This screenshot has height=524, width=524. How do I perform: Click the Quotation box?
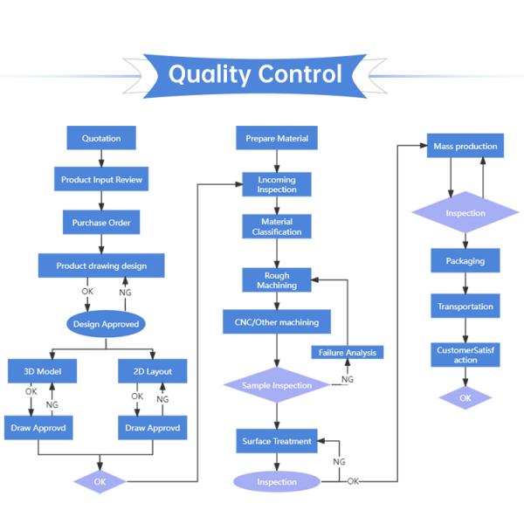coord(101,138)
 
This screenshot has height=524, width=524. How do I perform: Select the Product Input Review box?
coord(101,180)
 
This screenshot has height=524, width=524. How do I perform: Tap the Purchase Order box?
coord(101,223)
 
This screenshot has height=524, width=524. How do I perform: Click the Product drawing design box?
coord(101,265)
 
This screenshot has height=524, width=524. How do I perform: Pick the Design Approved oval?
coord(106,324)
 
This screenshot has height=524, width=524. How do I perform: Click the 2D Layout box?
coord(152,372)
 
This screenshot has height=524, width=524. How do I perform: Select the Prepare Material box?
coord(277,138)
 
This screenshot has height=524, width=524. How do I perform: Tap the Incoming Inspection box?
coord(277,184)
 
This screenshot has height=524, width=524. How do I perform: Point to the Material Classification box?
coord(277,227)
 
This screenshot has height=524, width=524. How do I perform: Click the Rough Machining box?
coord(277,280)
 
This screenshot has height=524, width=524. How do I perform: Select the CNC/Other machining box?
coord(277,322)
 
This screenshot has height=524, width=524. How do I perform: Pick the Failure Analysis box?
coord(348,353)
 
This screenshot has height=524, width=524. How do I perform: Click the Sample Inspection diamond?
coord(277,385)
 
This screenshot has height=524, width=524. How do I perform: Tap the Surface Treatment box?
coord(277,441)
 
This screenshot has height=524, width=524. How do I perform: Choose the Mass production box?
coord(465,146)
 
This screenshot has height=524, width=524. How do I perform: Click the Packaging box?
coord(465,261)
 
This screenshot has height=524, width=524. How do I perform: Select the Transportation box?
coord(465,307)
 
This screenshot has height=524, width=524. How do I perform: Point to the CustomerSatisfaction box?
coord(465,355)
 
